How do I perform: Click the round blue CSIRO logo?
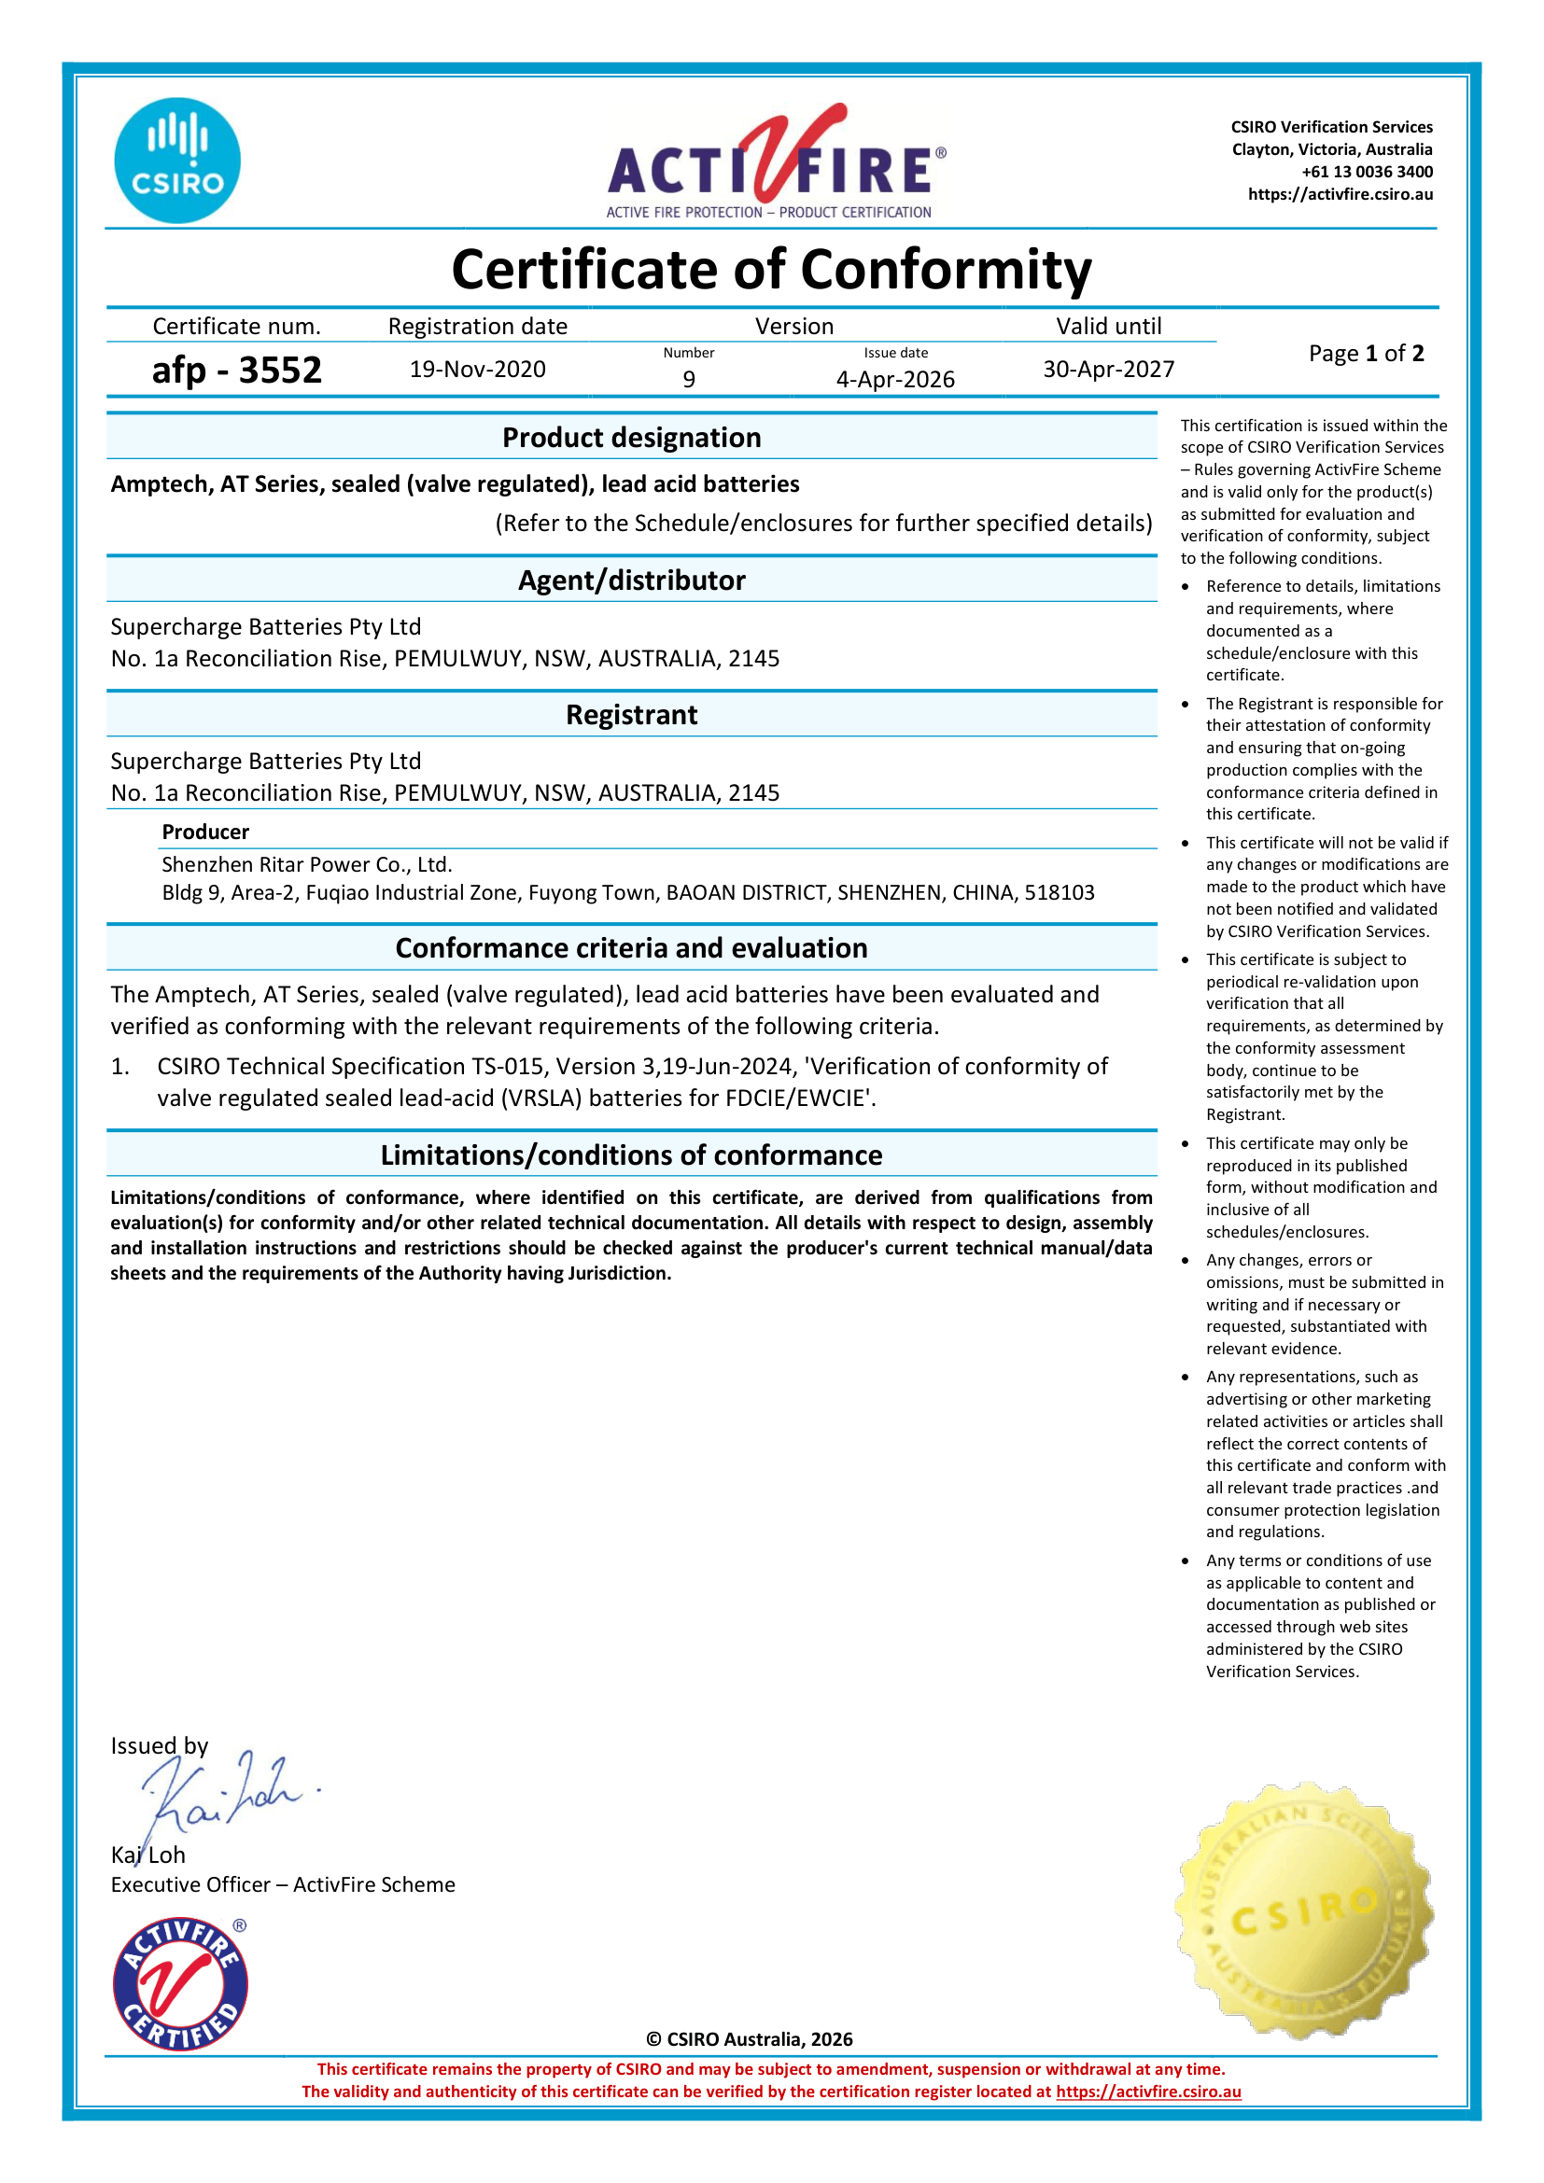point(176,161)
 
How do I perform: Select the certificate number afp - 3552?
point(237,370)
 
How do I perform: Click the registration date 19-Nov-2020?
point(477,369)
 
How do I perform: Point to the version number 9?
point(688,379)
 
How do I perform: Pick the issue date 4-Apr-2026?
point(894,379)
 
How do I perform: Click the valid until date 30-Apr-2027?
point(1109,369)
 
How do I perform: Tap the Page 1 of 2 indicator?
point(1366,354)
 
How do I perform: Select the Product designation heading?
point(631,438)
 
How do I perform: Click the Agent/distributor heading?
point(631,580)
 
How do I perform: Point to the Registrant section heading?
point(631,715)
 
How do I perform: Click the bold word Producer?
point(205,832)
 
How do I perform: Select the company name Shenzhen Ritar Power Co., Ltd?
point(306,864)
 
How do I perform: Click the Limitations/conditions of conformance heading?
point(631,1155)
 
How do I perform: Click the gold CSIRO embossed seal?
point(1303,1911)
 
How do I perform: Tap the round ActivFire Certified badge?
point(181,1984)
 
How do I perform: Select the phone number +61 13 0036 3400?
point(1367,172)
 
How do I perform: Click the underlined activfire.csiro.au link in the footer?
point(1147,2091)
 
